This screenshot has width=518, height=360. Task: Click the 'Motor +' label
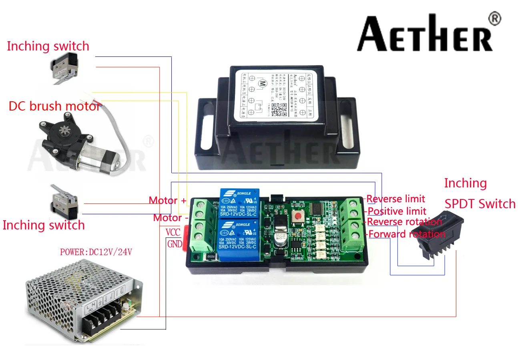167,200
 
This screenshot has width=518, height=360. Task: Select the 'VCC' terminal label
173,233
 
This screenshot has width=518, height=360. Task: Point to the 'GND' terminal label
175,244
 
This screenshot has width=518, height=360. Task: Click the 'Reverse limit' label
396,199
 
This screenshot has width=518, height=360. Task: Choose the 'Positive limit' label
397,211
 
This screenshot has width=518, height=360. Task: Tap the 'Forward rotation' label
406,234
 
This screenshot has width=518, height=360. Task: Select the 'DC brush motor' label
54,107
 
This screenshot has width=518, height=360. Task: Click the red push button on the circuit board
298,217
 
